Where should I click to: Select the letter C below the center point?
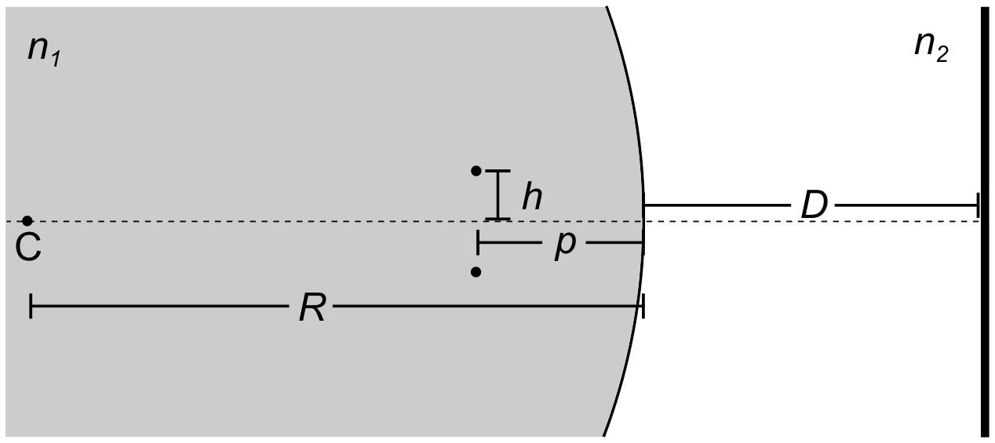(x=28, y=248)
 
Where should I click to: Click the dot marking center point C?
(x=27, y=220)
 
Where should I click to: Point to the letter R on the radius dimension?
(x=312, y=307)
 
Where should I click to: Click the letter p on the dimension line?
(x=565, y=245)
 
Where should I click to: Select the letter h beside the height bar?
(x=532, y=197)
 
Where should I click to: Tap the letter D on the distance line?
(x=814, y=205)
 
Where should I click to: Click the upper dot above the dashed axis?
(x=476, y=171)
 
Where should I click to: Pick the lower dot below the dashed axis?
(x=476, y=271)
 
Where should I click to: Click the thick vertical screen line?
(x=984, y=221)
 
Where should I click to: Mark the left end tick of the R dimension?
(x=30, y=306)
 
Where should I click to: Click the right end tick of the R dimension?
(x=643, y=306)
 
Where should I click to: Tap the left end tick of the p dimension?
(x=478, y=243)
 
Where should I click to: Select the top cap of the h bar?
(x=497, y=170)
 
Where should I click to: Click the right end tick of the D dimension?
(x=978, y=205)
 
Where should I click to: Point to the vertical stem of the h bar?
(x=498, y=194)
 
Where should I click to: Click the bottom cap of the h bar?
(x=497, y=219)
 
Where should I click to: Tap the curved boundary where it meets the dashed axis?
(x=644, y=220)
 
